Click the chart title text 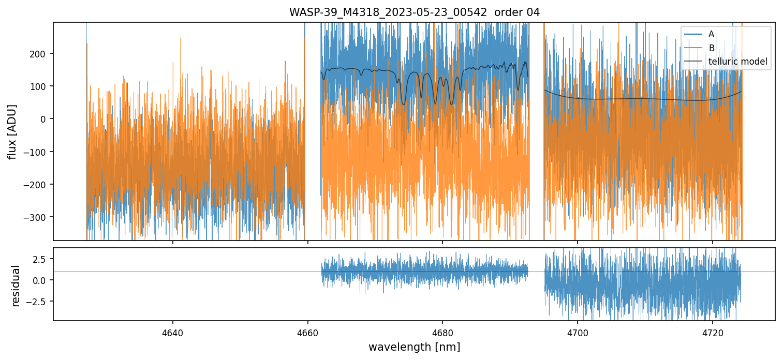click(x=414, y=12)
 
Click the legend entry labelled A click(x=711, y=34)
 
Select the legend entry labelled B click(x=711, y=48)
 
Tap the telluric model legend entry click(x=737, y=62)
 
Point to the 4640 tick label click(x=173, y=333)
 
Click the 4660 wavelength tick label click(x=308, y=333)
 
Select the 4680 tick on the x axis click(x=442, y=333)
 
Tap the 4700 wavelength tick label click(x=578, y=333)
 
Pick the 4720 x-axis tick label click(x=712, y=333)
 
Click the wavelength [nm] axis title click(x=414, y=347)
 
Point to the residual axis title click(x=16, y=286)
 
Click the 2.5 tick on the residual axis click(x=40, y=259)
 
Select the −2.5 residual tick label click(x=38, y=301)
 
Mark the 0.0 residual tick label click(x=40, y=280)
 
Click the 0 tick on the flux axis click(x=44, y=119)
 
